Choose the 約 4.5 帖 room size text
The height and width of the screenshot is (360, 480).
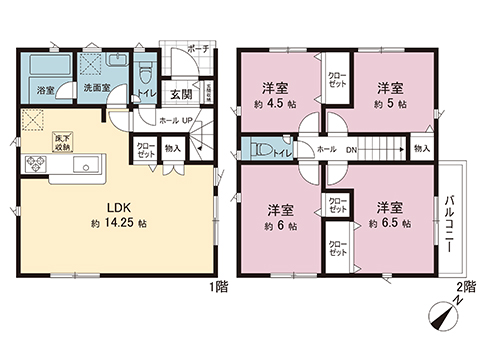(x=275, y=103)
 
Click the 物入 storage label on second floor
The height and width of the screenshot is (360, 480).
(x=421, y=148)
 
